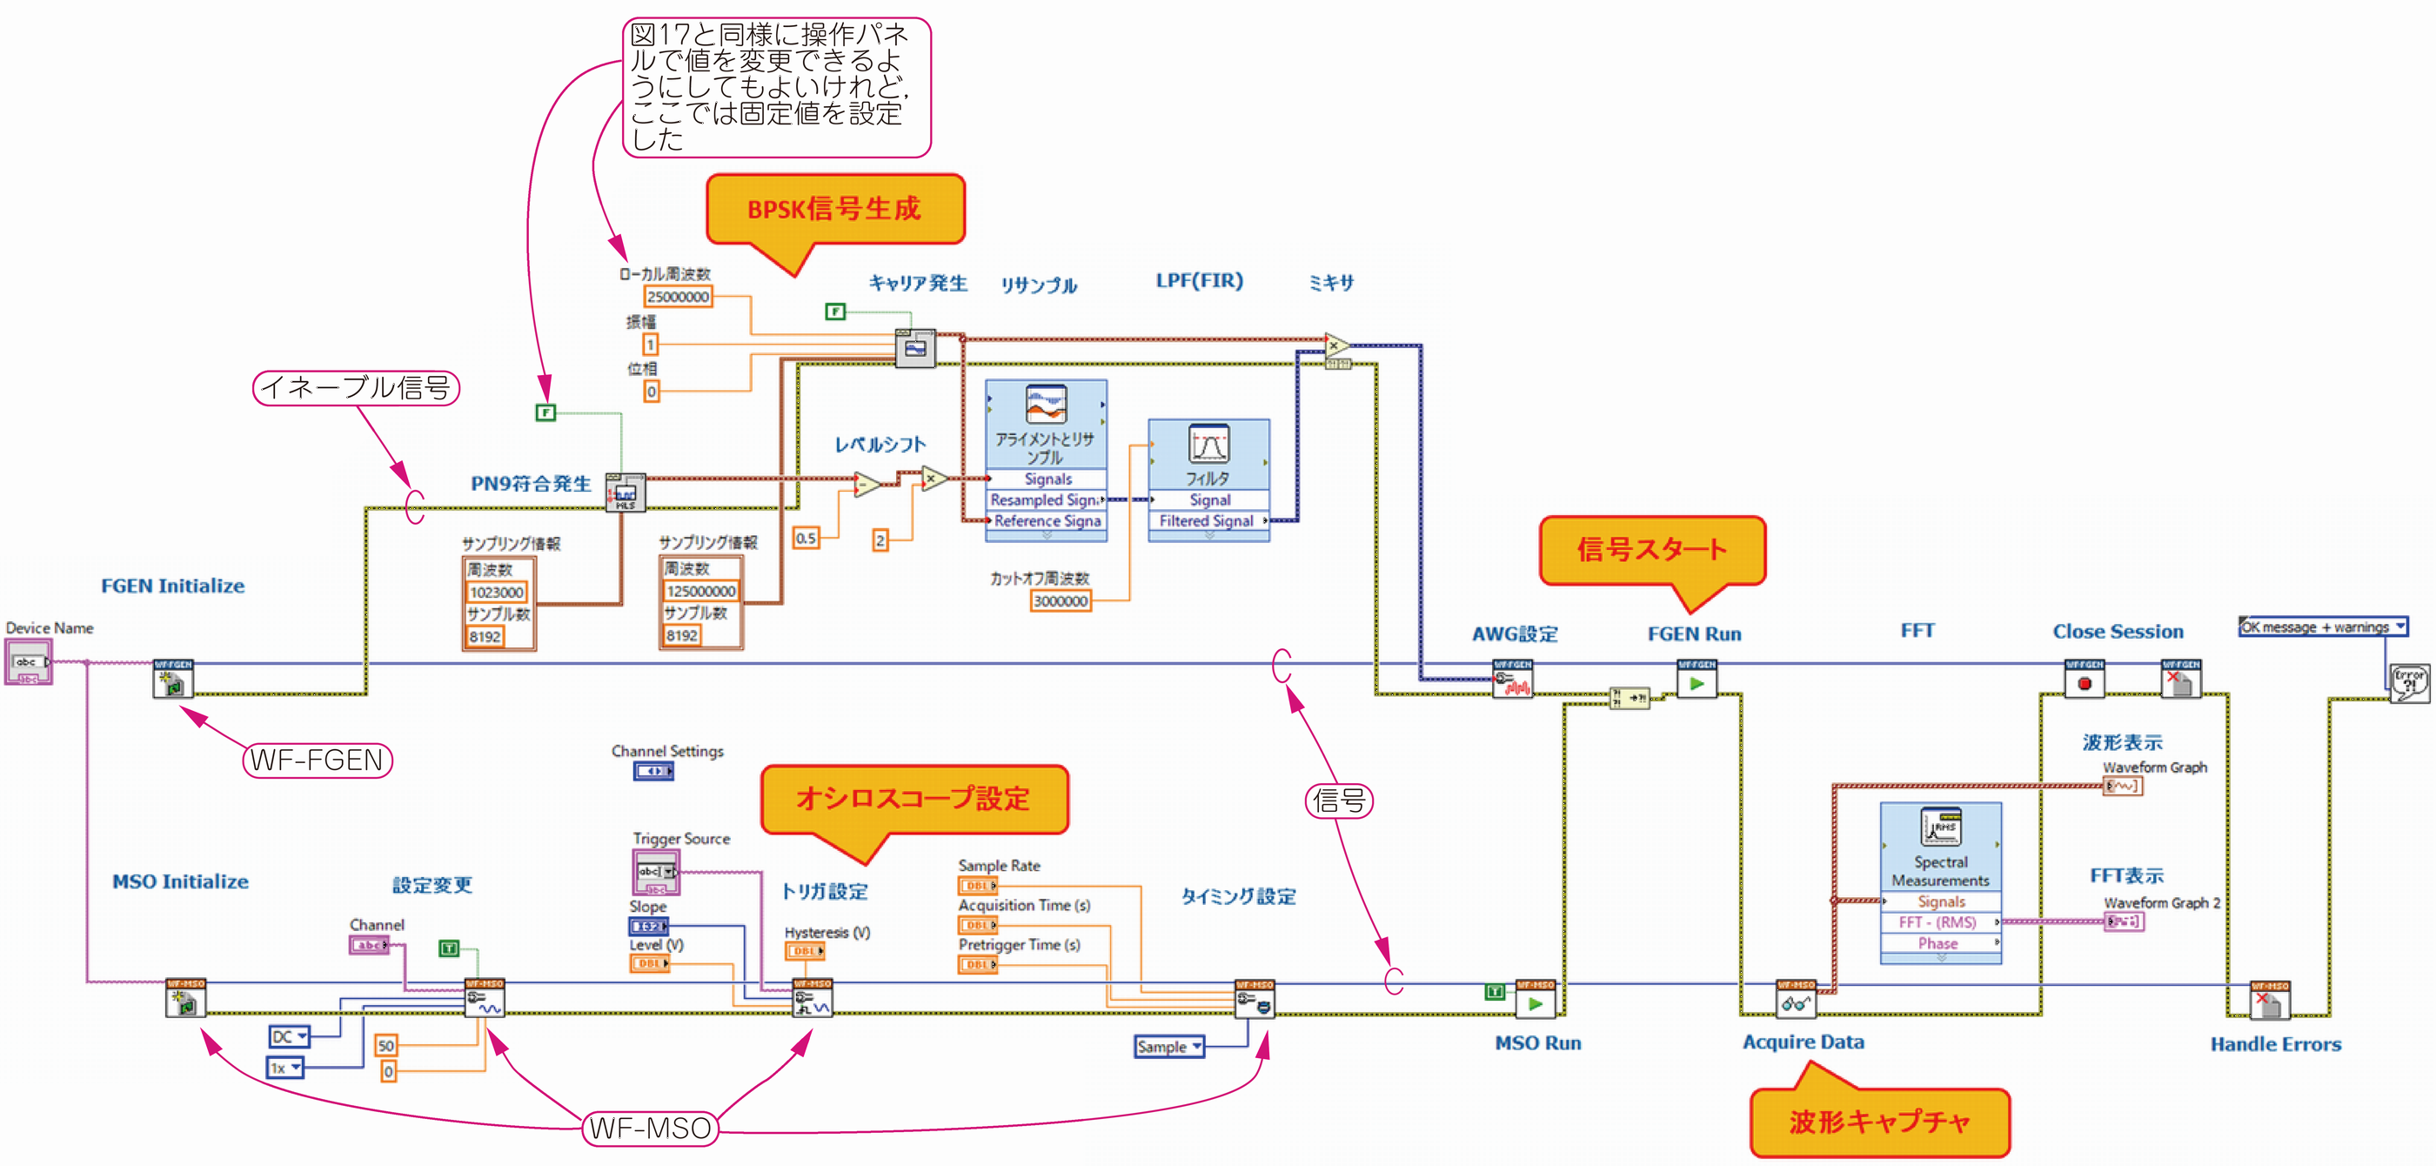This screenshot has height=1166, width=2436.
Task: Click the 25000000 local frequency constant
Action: (677, 297)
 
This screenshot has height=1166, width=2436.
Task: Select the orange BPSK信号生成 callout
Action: (834, 209)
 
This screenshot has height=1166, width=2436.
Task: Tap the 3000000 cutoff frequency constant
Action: (1060, 601)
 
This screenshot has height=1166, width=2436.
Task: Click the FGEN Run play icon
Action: (1696, 683)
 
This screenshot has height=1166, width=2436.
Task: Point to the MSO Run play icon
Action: (1536, 1003)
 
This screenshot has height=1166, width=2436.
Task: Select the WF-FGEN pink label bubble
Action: (317, 761)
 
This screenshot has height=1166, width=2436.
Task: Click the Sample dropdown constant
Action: (1168, 1047)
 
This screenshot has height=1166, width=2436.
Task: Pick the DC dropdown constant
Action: (290, 1036)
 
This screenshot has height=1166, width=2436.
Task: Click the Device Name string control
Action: (29, 662)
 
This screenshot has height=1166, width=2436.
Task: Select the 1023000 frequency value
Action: (497, 593)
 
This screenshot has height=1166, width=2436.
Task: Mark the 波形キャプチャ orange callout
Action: (1879, 1122)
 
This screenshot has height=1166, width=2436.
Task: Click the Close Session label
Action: (2118, 632)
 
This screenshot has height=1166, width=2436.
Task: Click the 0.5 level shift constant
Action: (806, 538)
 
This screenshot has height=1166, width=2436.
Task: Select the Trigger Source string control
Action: (655, 872)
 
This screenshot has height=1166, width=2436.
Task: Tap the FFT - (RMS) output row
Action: (1938, 922)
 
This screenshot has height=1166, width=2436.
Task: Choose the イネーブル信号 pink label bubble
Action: (356, 388)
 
